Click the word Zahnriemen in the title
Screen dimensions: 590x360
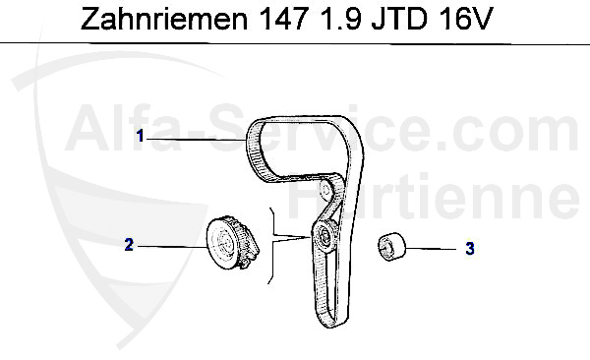click(164, 19)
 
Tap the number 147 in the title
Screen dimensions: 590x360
click(282, 19)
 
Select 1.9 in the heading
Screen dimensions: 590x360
click(339, 19)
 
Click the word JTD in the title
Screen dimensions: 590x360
click(399, 19)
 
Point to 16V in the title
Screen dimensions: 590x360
click(465, 19)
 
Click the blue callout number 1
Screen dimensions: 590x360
click(141, 136)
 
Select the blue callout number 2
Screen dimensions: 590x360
click(129, 245)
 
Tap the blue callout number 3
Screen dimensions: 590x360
click(470, 249)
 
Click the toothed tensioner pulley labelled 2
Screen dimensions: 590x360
click(232, 243)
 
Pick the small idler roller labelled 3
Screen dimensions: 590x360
click(391, 246)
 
